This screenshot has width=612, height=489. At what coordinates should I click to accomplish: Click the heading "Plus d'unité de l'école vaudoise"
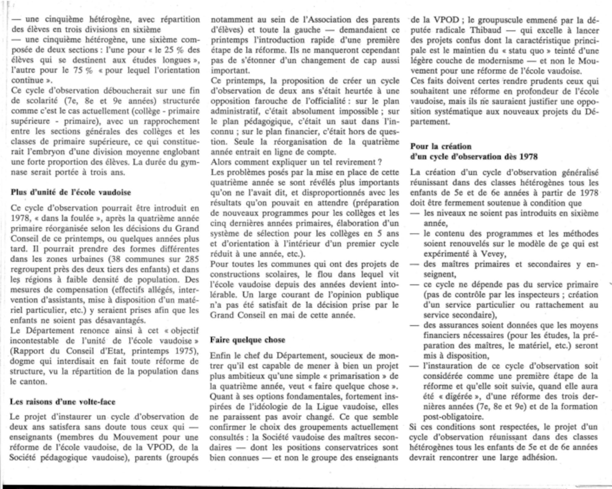71,192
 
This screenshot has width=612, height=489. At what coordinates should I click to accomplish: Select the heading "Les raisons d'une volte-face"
62,401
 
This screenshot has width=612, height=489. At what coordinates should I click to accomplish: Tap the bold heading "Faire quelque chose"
248,340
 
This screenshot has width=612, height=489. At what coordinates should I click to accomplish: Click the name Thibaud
486,30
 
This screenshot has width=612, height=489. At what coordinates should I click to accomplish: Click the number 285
192,259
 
